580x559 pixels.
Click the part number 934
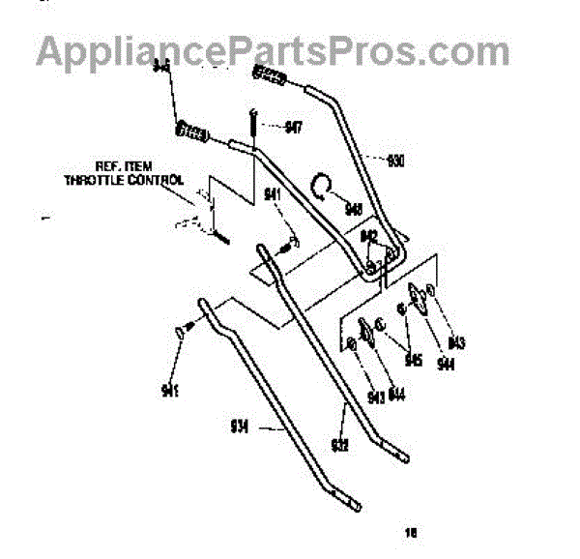(x=240, y=425)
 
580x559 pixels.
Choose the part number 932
(x=339, y=443)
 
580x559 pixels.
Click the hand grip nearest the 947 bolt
(x=193, y=132)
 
